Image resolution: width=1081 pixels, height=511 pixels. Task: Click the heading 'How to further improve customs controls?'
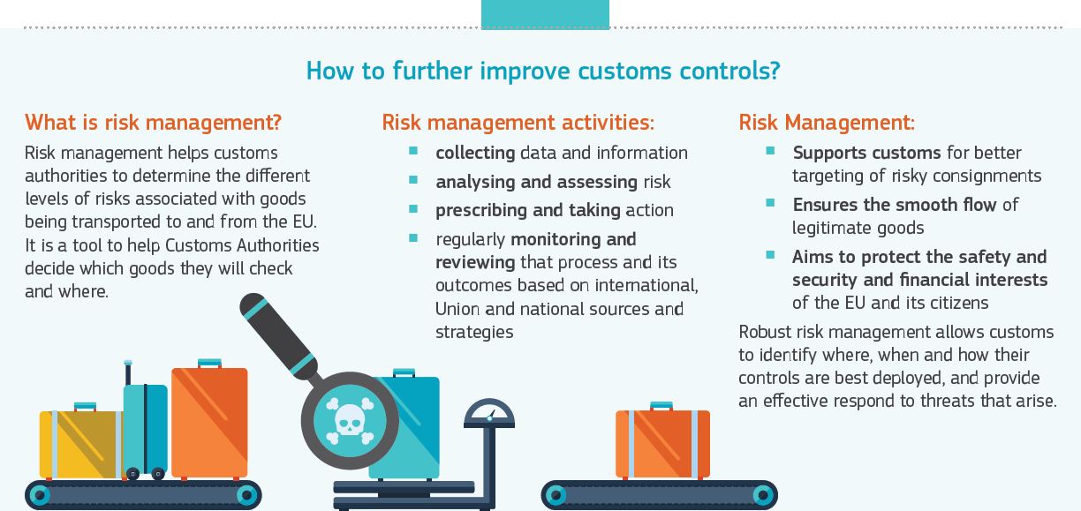coord(542,71)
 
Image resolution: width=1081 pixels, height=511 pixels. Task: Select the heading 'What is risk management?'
coord(153,122)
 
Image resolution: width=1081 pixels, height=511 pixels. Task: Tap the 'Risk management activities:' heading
coord(518,122)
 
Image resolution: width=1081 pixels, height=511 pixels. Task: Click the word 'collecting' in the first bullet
coord(474,153)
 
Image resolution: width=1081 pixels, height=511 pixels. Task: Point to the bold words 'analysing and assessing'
coord(536,182)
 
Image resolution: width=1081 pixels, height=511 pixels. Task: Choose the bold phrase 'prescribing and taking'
coord(527,210)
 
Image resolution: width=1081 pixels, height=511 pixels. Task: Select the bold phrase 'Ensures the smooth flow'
coord(894,205)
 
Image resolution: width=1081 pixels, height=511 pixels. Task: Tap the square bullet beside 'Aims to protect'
coord(770,255)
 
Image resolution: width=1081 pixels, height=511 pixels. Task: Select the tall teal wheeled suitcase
coord(145,427)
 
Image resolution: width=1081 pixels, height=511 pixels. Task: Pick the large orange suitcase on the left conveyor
coord(209,423)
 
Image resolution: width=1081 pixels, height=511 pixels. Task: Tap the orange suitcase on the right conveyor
coord(661,443)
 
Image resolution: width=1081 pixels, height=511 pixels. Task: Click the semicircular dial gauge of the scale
coord(488,414)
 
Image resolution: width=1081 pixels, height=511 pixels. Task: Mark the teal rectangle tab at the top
coord(545,14)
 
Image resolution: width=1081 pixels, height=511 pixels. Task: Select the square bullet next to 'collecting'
coord(413,151)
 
